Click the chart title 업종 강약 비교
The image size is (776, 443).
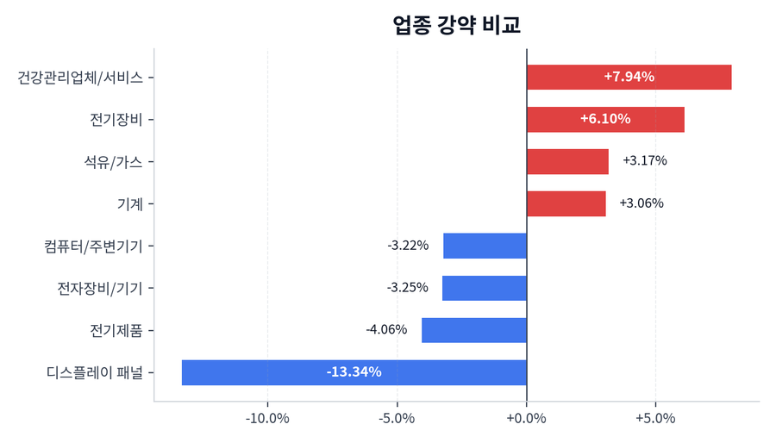click(x=456, y=25)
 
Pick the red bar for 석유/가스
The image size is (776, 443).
click(x=567, y=161)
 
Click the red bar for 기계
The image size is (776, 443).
click(x=566, y=203)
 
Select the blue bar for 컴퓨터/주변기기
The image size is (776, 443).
click(x=485, y=246)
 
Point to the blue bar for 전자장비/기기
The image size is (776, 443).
click(x=484, y=288)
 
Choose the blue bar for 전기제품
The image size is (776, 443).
click(x=473, y=330)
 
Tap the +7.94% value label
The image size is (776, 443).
click(x=629, y=77)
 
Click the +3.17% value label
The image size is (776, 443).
click(x=644, y=160)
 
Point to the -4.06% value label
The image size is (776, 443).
click(x=386, y=329)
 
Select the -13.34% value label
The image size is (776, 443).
click(x=354, y=372)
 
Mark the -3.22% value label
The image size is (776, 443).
click(x=408, y=246)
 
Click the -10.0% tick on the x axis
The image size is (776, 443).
click(x=267, y=420)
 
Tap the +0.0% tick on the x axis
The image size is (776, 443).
click(x=526, y=420)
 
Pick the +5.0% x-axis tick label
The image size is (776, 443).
click(x=655, y=420)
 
